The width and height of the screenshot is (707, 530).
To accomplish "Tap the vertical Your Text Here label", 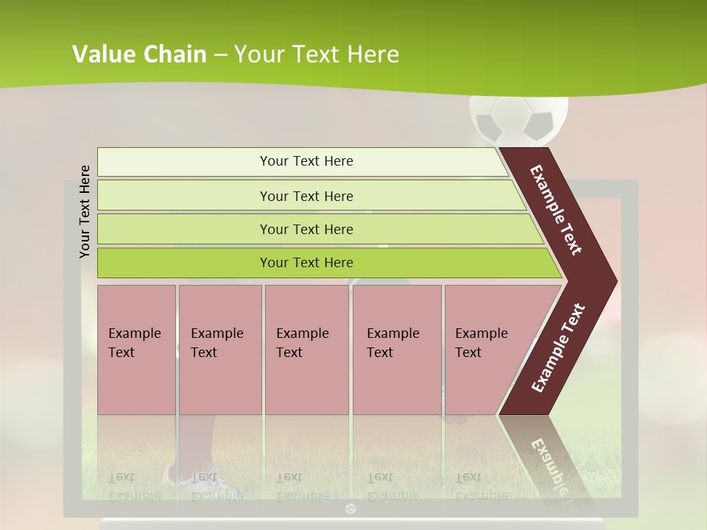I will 85,211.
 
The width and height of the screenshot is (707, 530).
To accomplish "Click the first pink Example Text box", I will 136,350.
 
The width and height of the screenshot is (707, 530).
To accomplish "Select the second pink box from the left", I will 219,350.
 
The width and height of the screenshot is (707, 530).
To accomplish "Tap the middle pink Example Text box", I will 306,350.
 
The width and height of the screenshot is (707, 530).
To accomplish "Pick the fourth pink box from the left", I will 397,350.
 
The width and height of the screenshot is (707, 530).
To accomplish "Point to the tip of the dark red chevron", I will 615,281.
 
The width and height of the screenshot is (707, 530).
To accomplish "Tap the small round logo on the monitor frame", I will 351,509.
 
